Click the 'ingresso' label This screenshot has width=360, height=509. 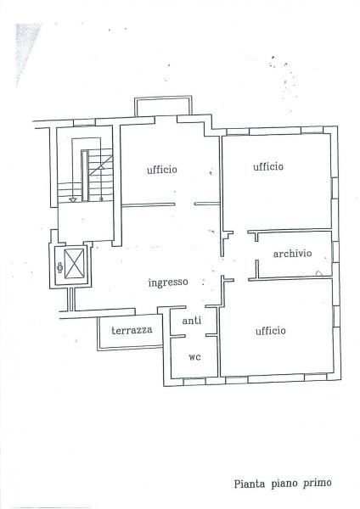pyautogui.click(x=167, y=282)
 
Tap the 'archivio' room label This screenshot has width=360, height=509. pyautogui.click(x=292, y=254)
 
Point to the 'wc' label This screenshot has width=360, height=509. pyautogui.click(x=194, y=356)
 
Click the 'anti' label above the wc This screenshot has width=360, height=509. pyautogui.click(x=193, y=322)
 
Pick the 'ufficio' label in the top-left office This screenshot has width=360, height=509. pyautogui.click(x=161, y=170)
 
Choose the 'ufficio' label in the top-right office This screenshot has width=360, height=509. pyautogui.click(x=268, y=166)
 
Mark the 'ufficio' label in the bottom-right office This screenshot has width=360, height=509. pyautogui.click(x=270, y=330)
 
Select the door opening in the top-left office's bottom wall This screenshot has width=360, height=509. pyautogui.click(x=184, y=204)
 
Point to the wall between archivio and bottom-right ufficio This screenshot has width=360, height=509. pyautogui.click(x=293, y=279)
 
